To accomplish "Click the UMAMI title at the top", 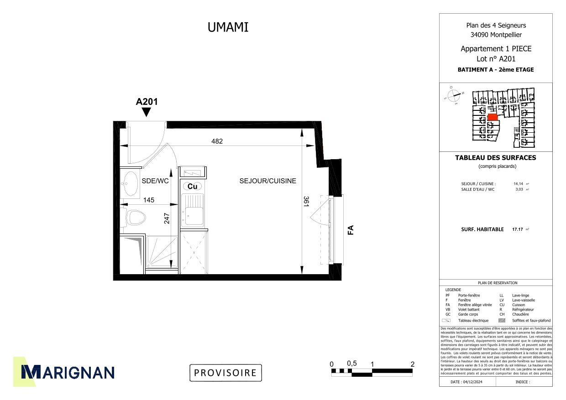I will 228,27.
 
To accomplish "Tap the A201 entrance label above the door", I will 147,102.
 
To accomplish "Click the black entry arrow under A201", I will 147,113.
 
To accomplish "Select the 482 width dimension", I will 217,141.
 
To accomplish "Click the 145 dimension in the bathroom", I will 149,200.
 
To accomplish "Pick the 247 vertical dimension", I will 167,218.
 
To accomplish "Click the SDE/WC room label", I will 155,181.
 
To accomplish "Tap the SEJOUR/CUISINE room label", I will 267,181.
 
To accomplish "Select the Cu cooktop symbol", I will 193,186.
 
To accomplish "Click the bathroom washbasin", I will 131,183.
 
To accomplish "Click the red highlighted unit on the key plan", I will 492,117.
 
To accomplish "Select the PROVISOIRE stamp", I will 225,373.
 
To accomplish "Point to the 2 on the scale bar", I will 413,364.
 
